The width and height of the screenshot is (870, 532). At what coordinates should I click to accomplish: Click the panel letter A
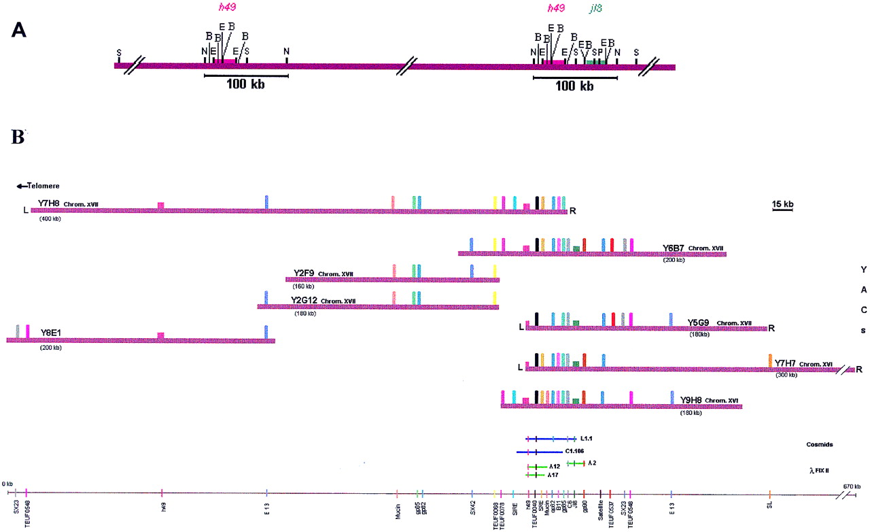21,32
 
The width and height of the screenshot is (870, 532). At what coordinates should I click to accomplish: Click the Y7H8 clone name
49,203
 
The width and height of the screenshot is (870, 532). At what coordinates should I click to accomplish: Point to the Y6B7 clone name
674,248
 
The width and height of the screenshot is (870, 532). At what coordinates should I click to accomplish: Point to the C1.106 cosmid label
575,450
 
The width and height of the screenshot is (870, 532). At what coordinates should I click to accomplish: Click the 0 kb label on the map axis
8,484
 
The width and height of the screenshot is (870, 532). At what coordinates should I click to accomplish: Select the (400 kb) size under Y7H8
50,218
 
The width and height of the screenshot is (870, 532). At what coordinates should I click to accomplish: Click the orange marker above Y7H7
769,360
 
